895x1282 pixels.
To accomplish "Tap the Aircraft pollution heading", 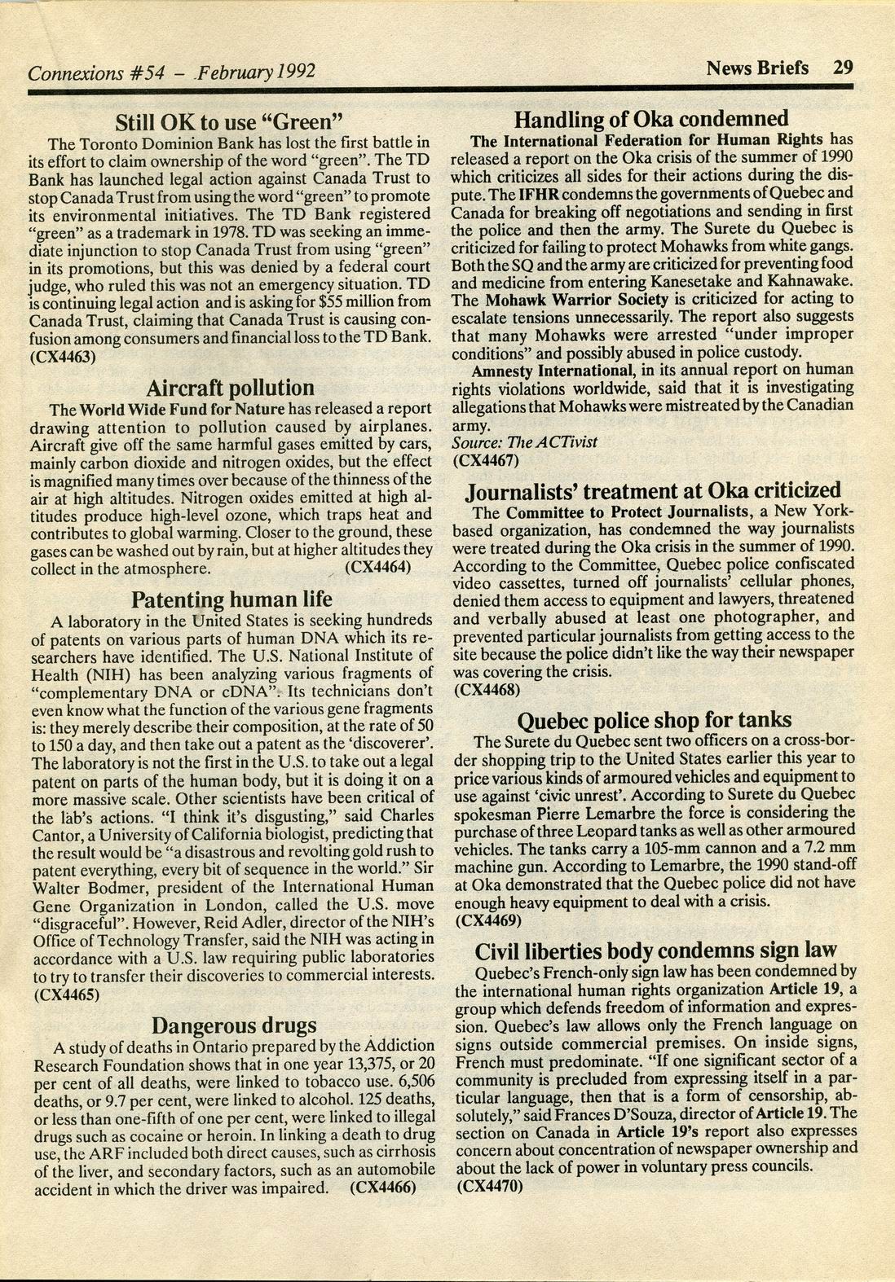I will tap(231, 388).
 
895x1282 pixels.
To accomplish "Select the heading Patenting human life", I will tap(231, 600).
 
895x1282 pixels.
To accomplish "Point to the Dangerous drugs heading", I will tap(234, 1025).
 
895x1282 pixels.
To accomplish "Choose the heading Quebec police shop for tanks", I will tap(655, 720).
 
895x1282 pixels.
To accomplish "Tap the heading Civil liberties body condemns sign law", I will tap(656, 951).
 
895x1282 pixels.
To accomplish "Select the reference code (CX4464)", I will tap(378, 567).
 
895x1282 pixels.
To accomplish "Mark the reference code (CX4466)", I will tap(382, 1187).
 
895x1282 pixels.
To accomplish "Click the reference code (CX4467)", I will tap(486, 459).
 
